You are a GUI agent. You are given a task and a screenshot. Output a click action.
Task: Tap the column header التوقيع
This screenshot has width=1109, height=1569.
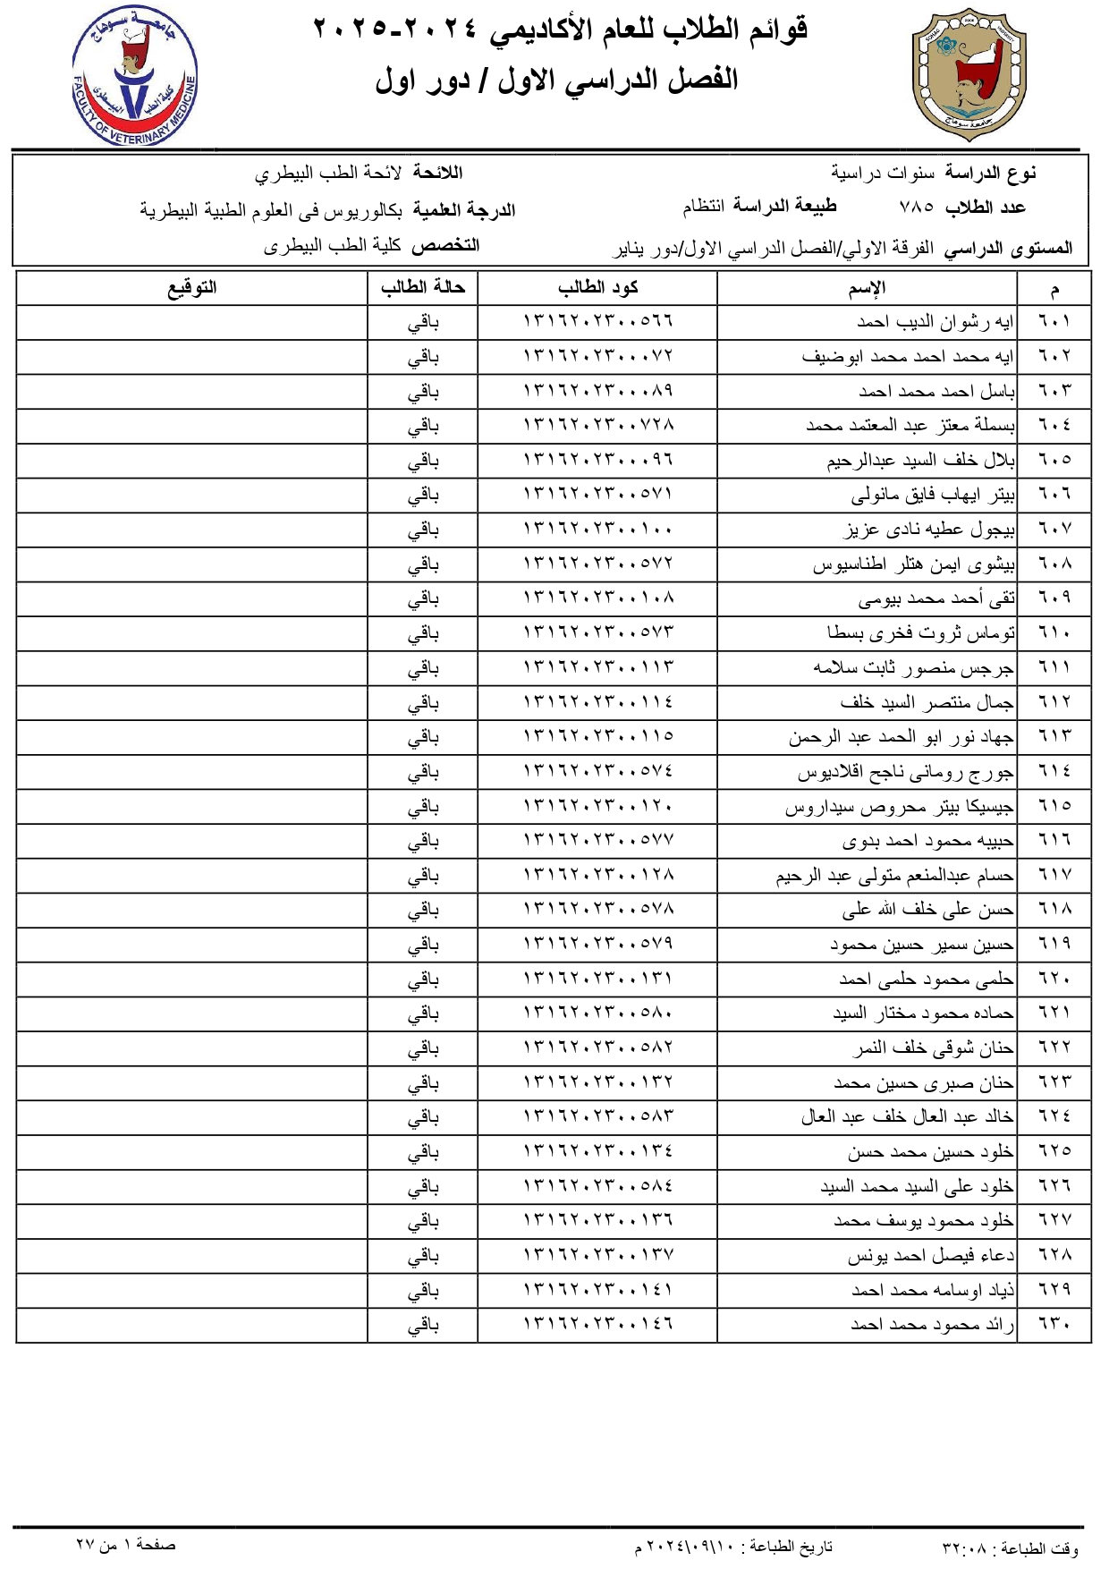click(x=192, y=288)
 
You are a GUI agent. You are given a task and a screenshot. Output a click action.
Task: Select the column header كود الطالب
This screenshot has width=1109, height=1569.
click(x=597, y=288)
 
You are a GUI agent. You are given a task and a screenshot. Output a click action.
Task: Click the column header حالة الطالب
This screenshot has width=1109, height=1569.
click(x=423, y=288)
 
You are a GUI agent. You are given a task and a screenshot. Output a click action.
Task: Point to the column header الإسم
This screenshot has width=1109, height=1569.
click(x=867, y=288)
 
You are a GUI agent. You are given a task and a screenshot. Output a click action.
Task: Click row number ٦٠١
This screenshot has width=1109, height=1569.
click(x=1054, y=321)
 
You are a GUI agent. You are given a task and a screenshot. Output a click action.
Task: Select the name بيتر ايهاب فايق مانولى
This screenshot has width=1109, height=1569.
click(x=933, y=495)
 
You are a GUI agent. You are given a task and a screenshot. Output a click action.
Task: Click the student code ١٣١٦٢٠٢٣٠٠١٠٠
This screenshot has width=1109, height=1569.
click(x=597, y=530)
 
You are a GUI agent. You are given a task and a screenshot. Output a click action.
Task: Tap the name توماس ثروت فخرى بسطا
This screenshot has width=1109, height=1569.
click(x=921, y=633)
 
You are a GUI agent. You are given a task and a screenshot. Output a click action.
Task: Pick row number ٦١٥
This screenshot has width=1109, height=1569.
click(x=1054, y=806)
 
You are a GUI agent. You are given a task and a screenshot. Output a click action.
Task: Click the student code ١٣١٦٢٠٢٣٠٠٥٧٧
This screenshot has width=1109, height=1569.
click(x=597, y=841)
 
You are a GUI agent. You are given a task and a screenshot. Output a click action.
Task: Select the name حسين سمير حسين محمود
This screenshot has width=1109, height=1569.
click(x=922, y=945)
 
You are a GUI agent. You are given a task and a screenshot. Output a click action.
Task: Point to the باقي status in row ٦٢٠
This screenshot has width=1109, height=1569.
click(x=423, y=980)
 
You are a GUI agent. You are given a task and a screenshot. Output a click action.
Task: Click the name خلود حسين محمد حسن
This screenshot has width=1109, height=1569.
click(x=930, y=1152)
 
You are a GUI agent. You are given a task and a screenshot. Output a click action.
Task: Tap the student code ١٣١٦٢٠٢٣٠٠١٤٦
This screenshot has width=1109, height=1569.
click(x=597, y=1324)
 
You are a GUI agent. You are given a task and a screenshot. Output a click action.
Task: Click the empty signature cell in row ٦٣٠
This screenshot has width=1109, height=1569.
click(x=192, y=1325)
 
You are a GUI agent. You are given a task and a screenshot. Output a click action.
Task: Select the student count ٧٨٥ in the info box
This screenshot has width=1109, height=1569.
click(x=916, y=208)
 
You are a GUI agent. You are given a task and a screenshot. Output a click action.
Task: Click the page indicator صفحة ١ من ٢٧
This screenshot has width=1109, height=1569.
click(x=126, y=1545)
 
